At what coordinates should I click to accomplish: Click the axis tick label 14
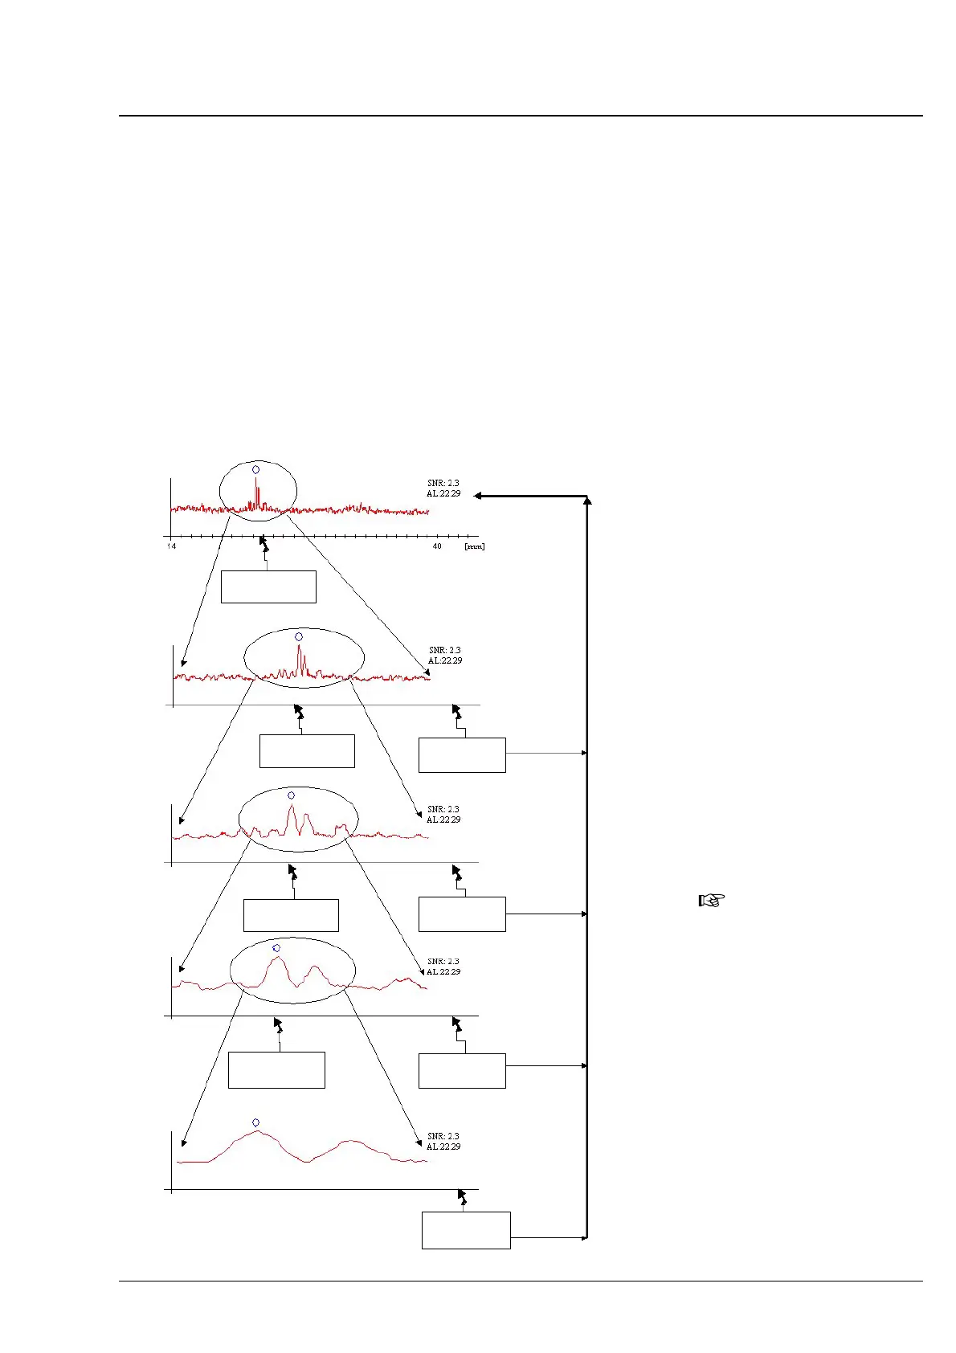(172, 546)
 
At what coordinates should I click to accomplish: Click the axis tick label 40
(437, 546)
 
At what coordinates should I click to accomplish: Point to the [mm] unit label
(474, 546)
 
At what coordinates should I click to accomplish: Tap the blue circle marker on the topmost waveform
(256, 469)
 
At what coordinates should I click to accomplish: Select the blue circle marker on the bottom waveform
(256, 1122)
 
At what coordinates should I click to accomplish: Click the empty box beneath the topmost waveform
(268, 587)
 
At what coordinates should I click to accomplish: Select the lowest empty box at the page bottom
(466, 1230)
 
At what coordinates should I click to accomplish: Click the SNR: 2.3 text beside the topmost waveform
(443, 483)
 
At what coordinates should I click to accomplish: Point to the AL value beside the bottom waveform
(443, 1147)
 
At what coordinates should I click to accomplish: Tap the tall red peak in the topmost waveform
(256, 490)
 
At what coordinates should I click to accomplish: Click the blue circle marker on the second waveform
(299, 636)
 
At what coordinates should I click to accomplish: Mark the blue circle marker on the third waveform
(291, 795)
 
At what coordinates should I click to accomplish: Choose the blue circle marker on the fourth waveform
(276, 948)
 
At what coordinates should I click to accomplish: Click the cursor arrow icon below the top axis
(264, 544)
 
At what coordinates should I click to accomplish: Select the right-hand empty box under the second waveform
(462, 755)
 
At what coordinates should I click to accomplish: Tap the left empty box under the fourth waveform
(276, 1070)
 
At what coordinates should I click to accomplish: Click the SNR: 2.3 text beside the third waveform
(443, 809)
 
